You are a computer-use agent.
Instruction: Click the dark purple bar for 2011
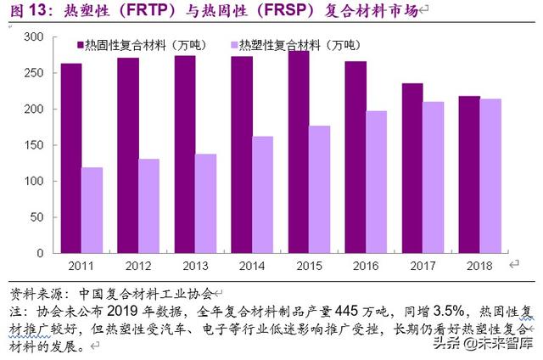71,158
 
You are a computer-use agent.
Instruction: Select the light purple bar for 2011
92,210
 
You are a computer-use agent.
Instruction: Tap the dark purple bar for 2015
299,152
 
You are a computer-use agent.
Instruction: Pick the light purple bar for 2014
263,194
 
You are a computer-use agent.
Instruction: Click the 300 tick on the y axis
33,38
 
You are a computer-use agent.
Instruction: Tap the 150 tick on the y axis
33,145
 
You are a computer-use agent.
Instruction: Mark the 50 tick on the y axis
36,217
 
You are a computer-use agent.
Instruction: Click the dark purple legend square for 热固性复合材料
80,44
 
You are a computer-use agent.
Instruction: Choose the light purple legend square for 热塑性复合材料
234,44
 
